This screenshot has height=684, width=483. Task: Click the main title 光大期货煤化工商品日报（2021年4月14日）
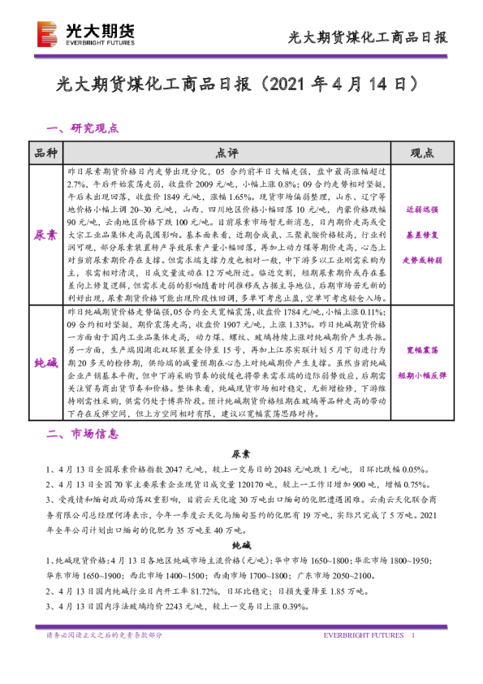point(241,83)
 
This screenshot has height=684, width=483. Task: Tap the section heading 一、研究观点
point(83,128)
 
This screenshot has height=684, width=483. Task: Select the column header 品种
point(45,153)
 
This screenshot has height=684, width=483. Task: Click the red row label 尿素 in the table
point(45,234)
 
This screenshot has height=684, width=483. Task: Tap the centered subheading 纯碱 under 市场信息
point(241,546)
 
